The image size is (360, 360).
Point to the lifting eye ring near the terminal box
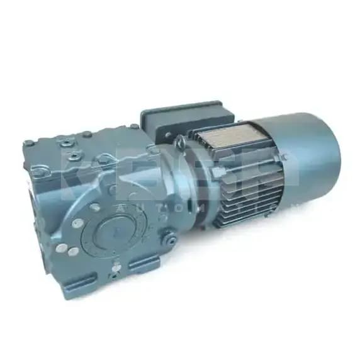[179, 144]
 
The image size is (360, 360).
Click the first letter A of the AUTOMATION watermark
[121, 208]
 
